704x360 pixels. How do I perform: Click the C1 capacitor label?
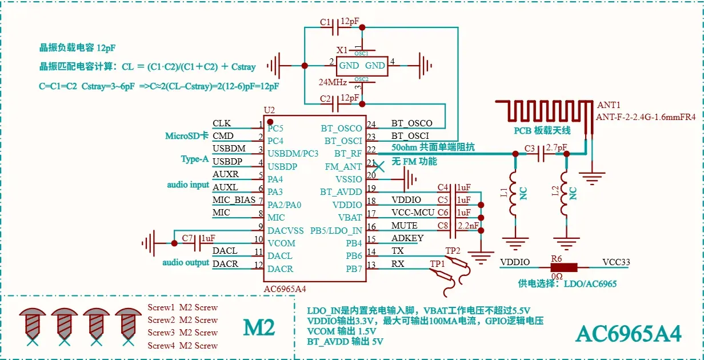[325, 22]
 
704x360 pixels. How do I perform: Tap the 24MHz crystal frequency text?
[333, 82]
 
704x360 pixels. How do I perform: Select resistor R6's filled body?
[564, 267]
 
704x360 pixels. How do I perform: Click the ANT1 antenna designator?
[609, 105]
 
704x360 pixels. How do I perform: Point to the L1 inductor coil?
[514, 193]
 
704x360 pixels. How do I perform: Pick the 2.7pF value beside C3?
[557, 147]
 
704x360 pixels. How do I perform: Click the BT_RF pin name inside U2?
[348, 154]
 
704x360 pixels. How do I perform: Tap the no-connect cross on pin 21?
[379, 167]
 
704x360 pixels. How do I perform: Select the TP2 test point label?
[453, 251]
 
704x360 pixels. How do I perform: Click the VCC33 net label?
[616, 262]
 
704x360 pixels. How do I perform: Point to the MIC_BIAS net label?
[234, 200]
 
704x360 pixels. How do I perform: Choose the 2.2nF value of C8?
[468, 226]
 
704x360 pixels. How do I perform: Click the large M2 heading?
[259, 327]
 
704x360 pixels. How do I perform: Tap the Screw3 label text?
[161, 333]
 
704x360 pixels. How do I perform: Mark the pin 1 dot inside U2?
[270, 122]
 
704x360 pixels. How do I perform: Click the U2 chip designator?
[269, 110]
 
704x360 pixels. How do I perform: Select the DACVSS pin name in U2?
[285, 231]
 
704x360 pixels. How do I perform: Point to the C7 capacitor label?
[187, 238]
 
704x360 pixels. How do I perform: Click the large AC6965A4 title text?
[628, 334]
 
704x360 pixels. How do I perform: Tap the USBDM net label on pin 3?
[229, 149]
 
